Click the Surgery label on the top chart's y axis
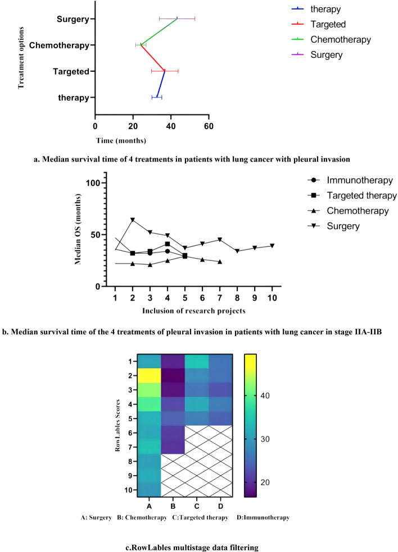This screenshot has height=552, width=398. [73, 20]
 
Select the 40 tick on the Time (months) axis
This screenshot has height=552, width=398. [171, 126]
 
